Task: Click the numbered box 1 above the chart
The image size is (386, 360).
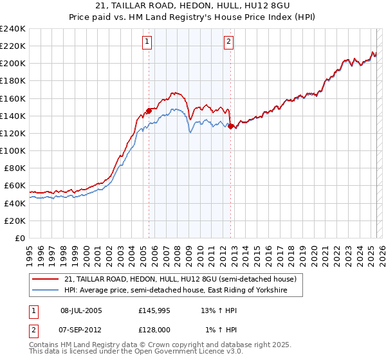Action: [147, 42]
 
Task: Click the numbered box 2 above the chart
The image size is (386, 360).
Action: [229, 42]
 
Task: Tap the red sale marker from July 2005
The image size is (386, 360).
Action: [149, 111]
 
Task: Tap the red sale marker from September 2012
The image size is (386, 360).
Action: [230, 127]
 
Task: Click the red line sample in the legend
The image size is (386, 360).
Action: [46, 279]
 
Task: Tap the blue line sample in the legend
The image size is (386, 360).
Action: [46, 291]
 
